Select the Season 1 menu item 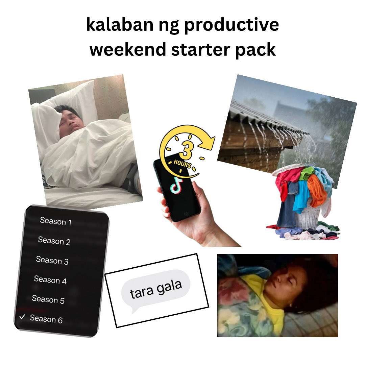[55, 221]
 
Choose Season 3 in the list [52, 260]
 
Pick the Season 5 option [48, 299]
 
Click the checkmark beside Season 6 [22, 317]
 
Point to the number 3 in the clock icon [185, 150]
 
